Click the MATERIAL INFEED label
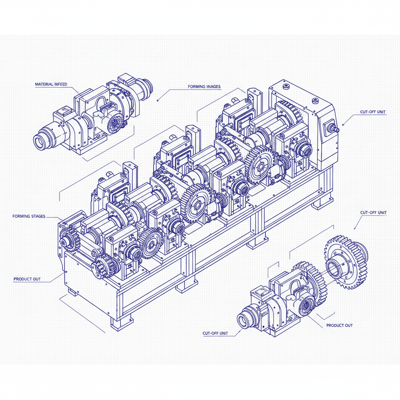pyautogui.click(x=51, y=84)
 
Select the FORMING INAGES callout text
pyautogui.click(x=204, y=86)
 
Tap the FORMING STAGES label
pyautogui.click(x=29, y=216)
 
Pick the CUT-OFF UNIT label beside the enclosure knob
pyautogui.click(x=373, y=112)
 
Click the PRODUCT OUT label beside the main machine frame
pyautogui.click(x=27, y=279)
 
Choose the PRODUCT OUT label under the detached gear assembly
pyautogui.click(x=339, y=325)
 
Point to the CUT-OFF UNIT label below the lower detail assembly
pyautogui.click(x=215, y=333)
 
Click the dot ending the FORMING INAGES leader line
pyautogui.click(x=157, y=100)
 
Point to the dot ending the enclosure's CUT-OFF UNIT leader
pyautogui.click(x=343, y=125)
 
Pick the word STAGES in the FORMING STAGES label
pyautogui.click(x=38, y=216)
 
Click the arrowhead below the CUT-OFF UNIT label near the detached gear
pyautogui.click(x=355, y=229)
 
